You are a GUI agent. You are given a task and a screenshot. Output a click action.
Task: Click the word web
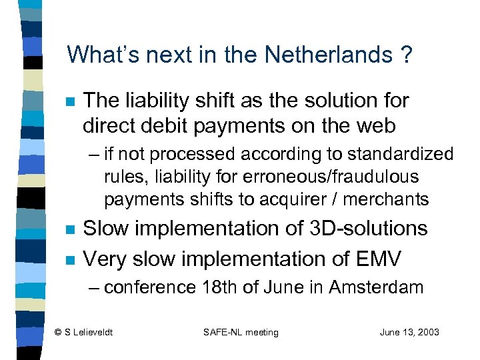[373, 125]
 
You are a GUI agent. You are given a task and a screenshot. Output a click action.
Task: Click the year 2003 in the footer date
[427, 331]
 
